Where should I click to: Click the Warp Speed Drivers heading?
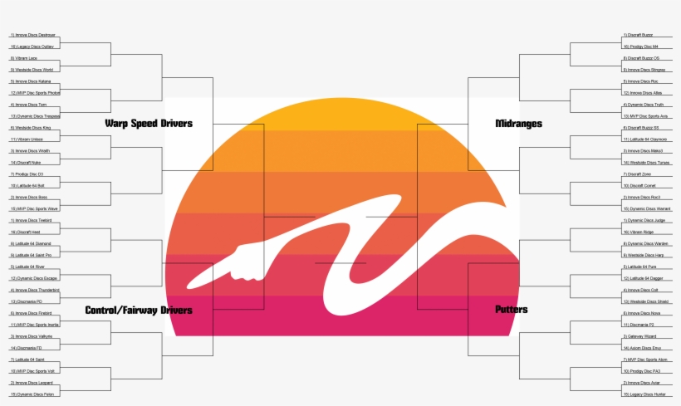pos(149,124)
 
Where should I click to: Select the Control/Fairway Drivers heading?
pos(139,311)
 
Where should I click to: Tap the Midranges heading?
pos(518,124)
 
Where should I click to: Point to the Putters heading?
pos(511,310)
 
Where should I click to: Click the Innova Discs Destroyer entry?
pos(34,35)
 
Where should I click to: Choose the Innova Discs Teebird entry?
pos(32,221)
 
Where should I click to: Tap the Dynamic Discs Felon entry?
pos(32,394)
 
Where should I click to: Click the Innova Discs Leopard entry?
pos(33,383)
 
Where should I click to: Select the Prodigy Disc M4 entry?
pos(643,46)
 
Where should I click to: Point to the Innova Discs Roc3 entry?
pos(644,198)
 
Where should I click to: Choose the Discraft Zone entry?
pos(638,174)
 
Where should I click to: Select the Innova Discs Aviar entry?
pos(644,383)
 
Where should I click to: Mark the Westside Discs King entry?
pos(32,128)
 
